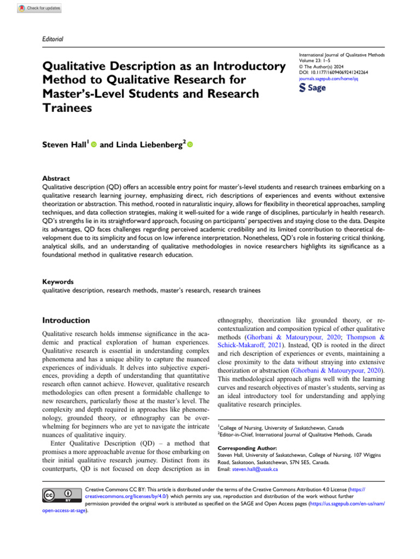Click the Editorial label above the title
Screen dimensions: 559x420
click(52, 39)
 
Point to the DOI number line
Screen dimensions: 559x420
click(333, 73)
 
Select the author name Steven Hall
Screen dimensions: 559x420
click(63, 130)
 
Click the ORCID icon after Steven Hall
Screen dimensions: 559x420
click(93, 130)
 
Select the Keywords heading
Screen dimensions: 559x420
click(57, 282)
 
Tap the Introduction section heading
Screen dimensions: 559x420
click(66, 320)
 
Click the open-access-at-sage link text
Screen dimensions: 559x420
click(65, 511)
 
